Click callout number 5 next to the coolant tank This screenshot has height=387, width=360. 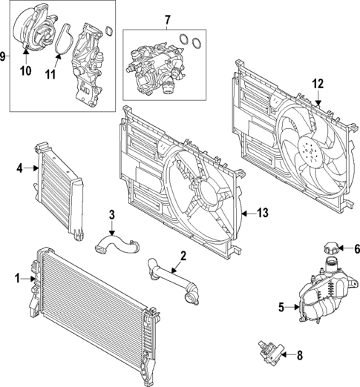pos(281,305)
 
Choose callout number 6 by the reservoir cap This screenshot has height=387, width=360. pos(356,249)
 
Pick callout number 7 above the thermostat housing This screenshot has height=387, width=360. pos(166,19)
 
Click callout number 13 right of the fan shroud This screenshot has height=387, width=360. pos(261,214)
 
